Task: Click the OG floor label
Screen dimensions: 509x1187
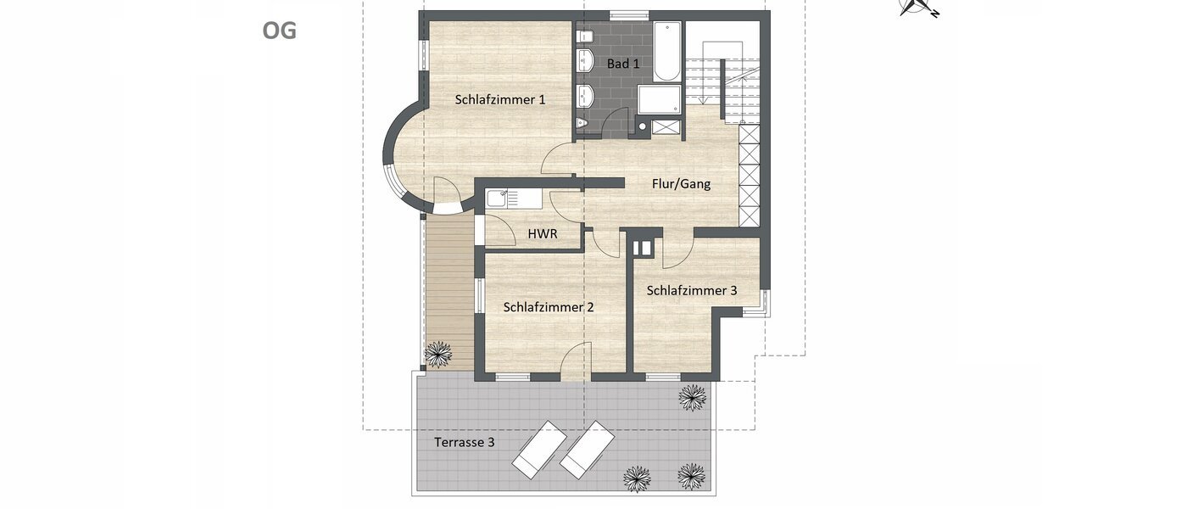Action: click(279, 31)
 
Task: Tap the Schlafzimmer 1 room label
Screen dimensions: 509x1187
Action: click(499, 99)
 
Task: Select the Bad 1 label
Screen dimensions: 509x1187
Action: click(623, 64)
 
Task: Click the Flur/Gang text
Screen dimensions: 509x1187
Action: click(681, 183)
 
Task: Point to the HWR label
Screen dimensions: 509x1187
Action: click(543, 233)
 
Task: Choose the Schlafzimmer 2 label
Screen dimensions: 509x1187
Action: click(548, 307)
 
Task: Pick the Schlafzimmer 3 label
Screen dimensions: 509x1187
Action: click(691, 290)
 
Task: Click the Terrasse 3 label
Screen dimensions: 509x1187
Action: click(464, 442)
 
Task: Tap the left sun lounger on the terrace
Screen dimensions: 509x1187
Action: click(539, 449)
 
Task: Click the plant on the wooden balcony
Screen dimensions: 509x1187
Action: click(438, 353)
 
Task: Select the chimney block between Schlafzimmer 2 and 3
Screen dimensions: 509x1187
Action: click(643, 247)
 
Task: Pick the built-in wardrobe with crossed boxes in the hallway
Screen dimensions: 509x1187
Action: click(749, 174)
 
